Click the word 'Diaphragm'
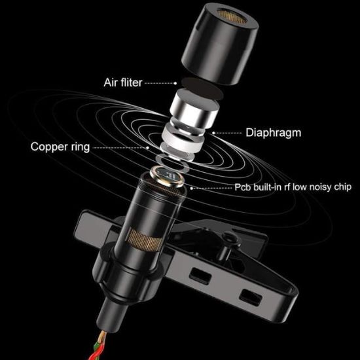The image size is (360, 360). pyautogui.click(x=273, y=132)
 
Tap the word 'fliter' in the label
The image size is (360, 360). pyautogui.click(x=130, y=83)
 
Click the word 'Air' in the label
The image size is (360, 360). pyautogui.click(x=111, y=83)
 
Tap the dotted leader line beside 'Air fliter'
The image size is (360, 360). pyautogui.click(x=160, y=83)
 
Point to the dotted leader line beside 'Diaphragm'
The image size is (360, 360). pyautogui.click(x=229, y=132)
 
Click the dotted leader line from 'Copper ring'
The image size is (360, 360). pyautogui.click(x=124, y=147)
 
